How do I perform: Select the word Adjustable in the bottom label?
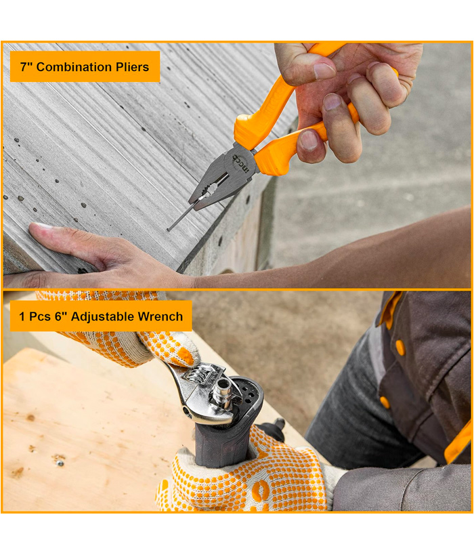102,316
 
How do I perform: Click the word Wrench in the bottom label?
160,316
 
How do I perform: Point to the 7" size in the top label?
26,66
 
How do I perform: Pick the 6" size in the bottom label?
60,316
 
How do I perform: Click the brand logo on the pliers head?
240,163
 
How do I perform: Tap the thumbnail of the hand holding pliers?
324,71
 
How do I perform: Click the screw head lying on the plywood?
60,463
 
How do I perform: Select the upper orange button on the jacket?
400,348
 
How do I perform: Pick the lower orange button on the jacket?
385,402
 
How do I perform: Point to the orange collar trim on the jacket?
391,309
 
